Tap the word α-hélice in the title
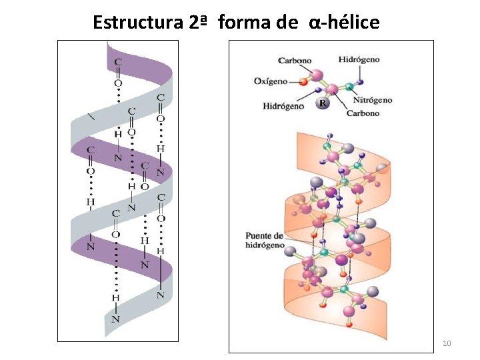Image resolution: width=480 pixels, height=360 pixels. [344, 23]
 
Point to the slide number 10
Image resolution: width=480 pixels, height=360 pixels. [447, 343]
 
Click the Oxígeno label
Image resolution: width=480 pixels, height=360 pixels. [271, 81]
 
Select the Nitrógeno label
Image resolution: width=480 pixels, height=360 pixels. [372, 100]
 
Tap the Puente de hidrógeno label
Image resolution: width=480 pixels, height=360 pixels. [265, 240]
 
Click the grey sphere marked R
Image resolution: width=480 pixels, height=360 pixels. [323, 103]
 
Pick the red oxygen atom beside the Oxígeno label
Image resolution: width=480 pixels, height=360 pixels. [303, 81]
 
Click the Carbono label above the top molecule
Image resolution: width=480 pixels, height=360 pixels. [295, 61]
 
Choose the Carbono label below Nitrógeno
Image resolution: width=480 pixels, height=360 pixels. [363, 113]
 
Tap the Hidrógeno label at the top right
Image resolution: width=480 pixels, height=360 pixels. [359, 59]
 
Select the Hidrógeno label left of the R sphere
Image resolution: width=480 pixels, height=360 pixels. [283, 105]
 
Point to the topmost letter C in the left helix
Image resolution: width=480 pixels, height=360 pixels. [118, 61]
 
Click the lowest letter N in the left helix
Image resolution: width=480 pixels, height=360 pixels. [115, 319]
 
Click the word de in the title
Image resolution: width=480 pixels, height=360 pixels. [287, 23]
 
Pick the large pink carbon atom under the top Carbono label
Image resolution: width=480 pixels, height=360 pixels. [317, 75]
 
